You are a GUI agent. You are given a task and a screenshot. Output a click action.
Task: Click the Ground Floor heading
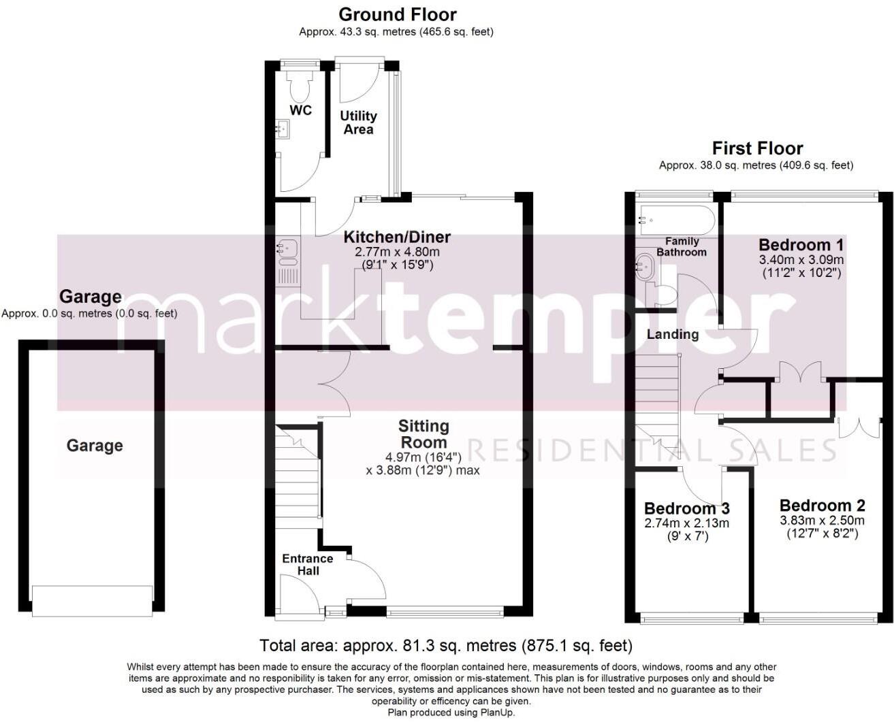[398, 14]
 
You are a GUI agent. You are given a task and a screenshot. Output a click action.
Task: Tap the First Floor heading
[757, 148]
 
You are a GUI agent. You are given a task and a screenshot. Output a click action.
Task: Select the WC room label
[300, 110]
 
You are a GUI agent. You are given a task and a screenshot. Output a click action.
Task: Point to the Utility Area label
[358, 122]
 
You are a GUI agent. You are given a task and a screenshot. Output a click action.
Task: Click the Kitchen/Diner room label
[397, 237]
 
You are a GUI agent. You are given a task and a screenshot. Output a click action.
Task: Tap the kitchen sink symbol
[287, 250]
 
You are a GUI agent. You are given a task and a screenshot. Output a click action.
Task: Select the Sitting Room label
[424, 434]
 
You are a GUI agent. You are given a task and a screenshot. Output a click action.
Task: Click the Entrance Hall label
[308, 564]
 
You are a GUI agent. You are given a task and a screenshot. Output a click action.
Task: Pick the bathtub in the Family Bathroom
[675, 220]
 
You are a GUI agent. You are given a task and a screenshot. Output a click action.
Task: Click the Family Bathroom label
[682, 246]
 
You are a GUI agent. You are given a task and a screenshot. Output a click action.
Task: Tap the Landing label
[673, 334]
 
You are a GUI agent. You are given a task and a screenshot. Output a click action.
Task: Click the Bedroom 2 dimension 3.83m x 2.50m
[822, 521]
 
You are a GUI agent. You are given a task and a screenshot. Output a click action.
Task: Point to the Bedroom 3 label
[686, 508]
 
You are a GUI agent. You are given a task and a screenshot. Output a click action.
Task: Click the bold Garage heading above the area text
[91, 297]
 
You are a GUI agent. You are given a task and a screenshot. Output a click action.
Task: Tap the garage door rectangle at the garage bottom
[93, 601]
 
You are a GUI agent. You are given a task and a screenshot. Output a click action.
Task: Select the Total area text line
[446, 645]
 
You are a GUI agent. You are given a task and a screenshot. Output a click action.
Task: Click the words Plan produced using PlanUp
[451, 712]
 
